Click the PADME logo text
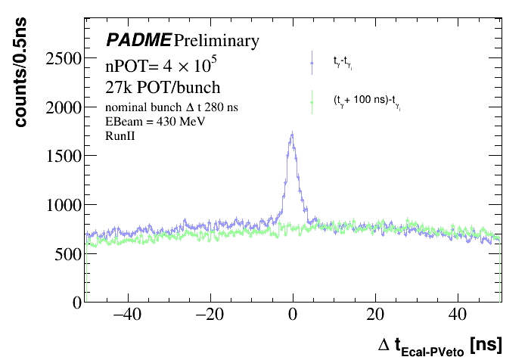(138, 40)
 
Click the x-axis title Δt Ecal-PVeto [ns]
(439, 345)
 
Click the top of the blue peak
(292, 135)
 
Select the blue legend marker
(312, 64)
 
